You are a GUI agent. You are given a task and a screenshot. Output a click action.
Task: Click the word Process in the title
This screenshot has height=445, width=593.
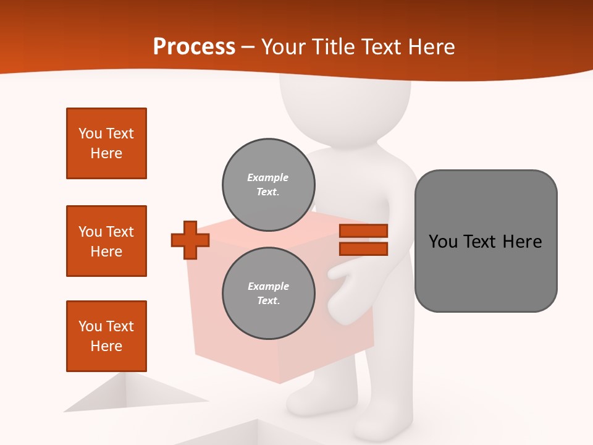pos(194,47)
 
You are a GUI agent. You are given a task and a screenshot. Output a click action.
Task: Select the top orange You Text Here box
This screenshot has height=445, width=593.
pos(106,143)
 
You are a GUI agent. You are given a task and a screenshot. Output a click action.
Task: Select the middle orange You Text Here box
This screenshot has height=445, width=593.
pos(106,241)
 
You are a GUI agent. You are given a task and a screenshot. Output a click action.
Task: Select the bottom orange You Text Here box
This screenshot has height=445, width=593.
pos(106,336)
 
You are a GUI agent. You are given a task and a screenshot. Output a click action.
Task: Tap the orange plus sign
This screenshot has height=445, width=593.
pos(190,240)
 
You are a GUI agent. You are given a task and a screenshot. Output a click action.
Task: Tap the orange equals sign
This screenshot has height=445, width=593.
pos(363,240)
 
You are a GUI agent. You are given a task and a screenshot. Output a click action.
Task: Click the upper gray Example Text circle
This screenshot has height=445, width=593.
pos(269,185)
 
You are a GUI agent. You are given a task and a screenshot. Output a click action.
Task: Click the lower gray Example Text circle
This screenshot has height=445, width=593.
pos(269,294)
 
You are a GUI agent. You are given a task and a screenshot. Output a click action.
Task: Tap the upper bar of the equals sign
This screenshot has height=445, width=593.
pos(363,231)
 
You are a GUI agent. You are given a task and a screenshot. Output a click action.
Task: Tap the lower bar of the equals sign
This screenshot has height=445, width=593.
pos(363,248)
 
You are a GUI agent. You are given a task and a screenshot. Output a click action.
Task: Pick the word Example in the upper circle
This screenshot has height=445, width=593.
pos(267,177)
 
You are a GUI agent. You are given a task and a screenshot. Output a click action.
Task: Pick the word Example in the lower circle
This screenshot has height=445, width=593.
pos(268,286)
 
